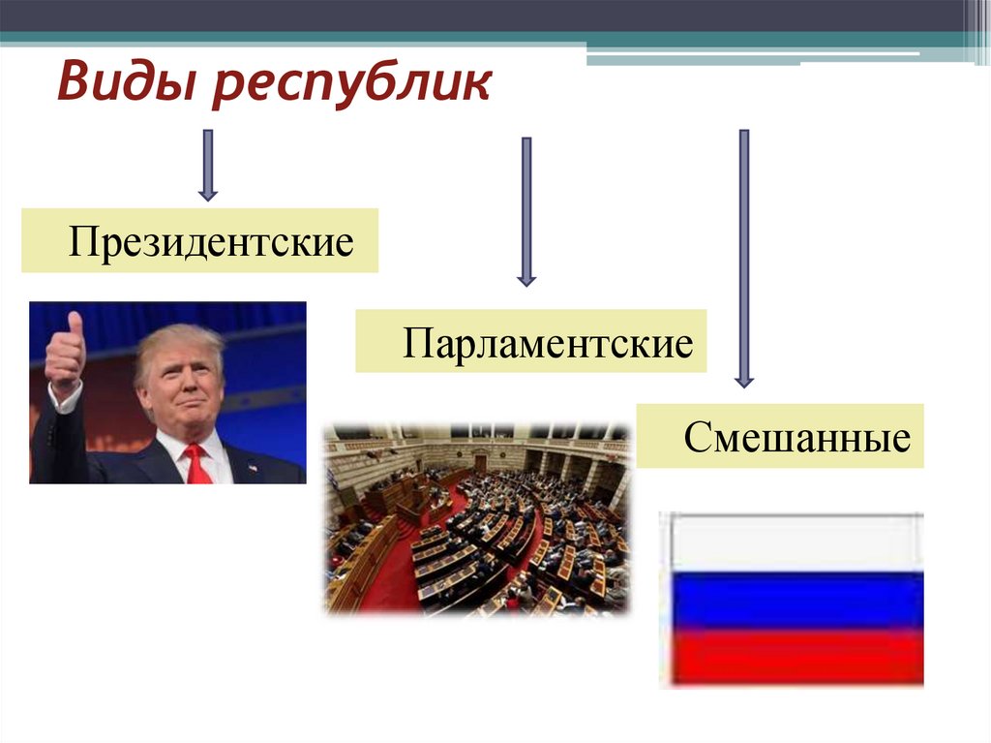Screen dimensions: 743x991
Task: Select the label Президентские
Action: (210, 240)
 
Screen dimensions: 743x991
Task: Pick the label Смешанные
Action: (796, 437)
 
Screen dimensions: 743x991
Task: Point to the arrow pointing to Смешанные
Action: (743, 258)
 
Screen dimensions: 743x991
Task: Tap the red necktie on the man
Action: (197, 464)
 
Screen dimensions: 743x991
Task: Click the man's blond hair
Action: (179, 341)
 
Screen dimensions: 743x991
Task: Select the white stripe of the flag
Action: (792, 542)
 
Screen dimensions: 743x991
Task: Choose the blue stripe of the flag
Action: (792, 600)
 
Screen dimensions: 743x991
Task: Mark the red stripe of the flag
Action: (792, 656)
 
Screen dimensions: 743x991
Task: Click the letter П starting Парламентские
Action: (413, 343)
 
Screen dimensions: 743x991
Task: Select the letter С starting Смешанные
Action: (695, 438)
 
